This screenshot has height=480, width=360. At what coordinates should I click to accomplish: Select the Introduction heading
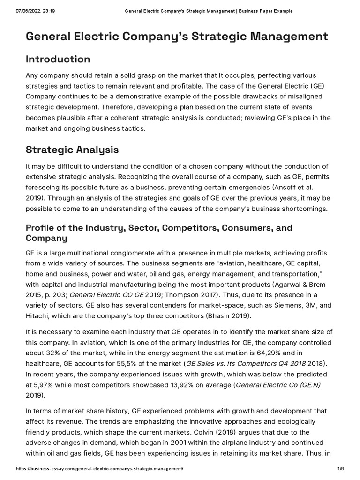point(58,59)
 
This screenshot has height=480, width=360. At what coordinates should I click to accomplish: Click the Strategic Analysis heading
point(72,150)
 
